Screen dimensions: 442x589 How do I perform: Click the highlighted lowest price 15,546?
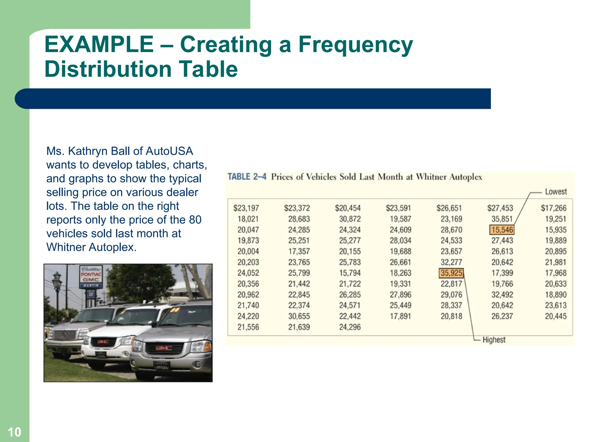502,230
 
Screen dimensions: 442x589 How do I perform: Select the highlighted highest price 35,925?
451,273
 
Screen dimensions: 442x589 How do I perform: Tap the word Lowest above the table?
556,192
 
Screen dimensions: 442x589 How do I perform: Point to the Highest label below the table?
494,340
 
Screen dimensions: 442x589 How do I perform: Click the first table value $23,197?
246,208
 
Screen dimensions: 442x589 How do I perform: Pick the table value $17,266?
554,208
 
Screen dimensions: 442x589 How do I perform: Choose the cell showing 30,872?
350,219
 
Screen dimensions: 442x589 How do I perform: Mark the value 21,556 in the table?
248,327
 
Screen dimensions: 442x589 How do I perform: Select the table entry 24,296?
350,327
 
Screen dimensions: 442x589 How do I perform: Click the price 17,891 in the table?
400,316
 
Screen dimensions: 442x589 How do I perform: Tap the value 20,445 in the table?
556,316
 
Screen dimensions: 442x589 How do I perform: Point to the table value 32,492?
502,295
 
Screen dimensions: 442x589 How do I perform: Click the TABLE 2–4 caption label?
247,176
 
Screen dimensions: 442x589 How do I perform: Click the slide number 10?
14,432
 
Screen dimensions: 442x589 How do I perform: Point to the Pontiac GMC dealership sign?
91,277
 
